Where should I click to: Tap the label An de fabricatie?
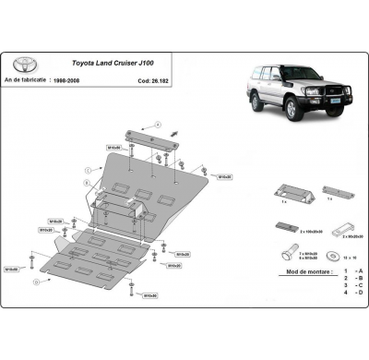tap(34, 80)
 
